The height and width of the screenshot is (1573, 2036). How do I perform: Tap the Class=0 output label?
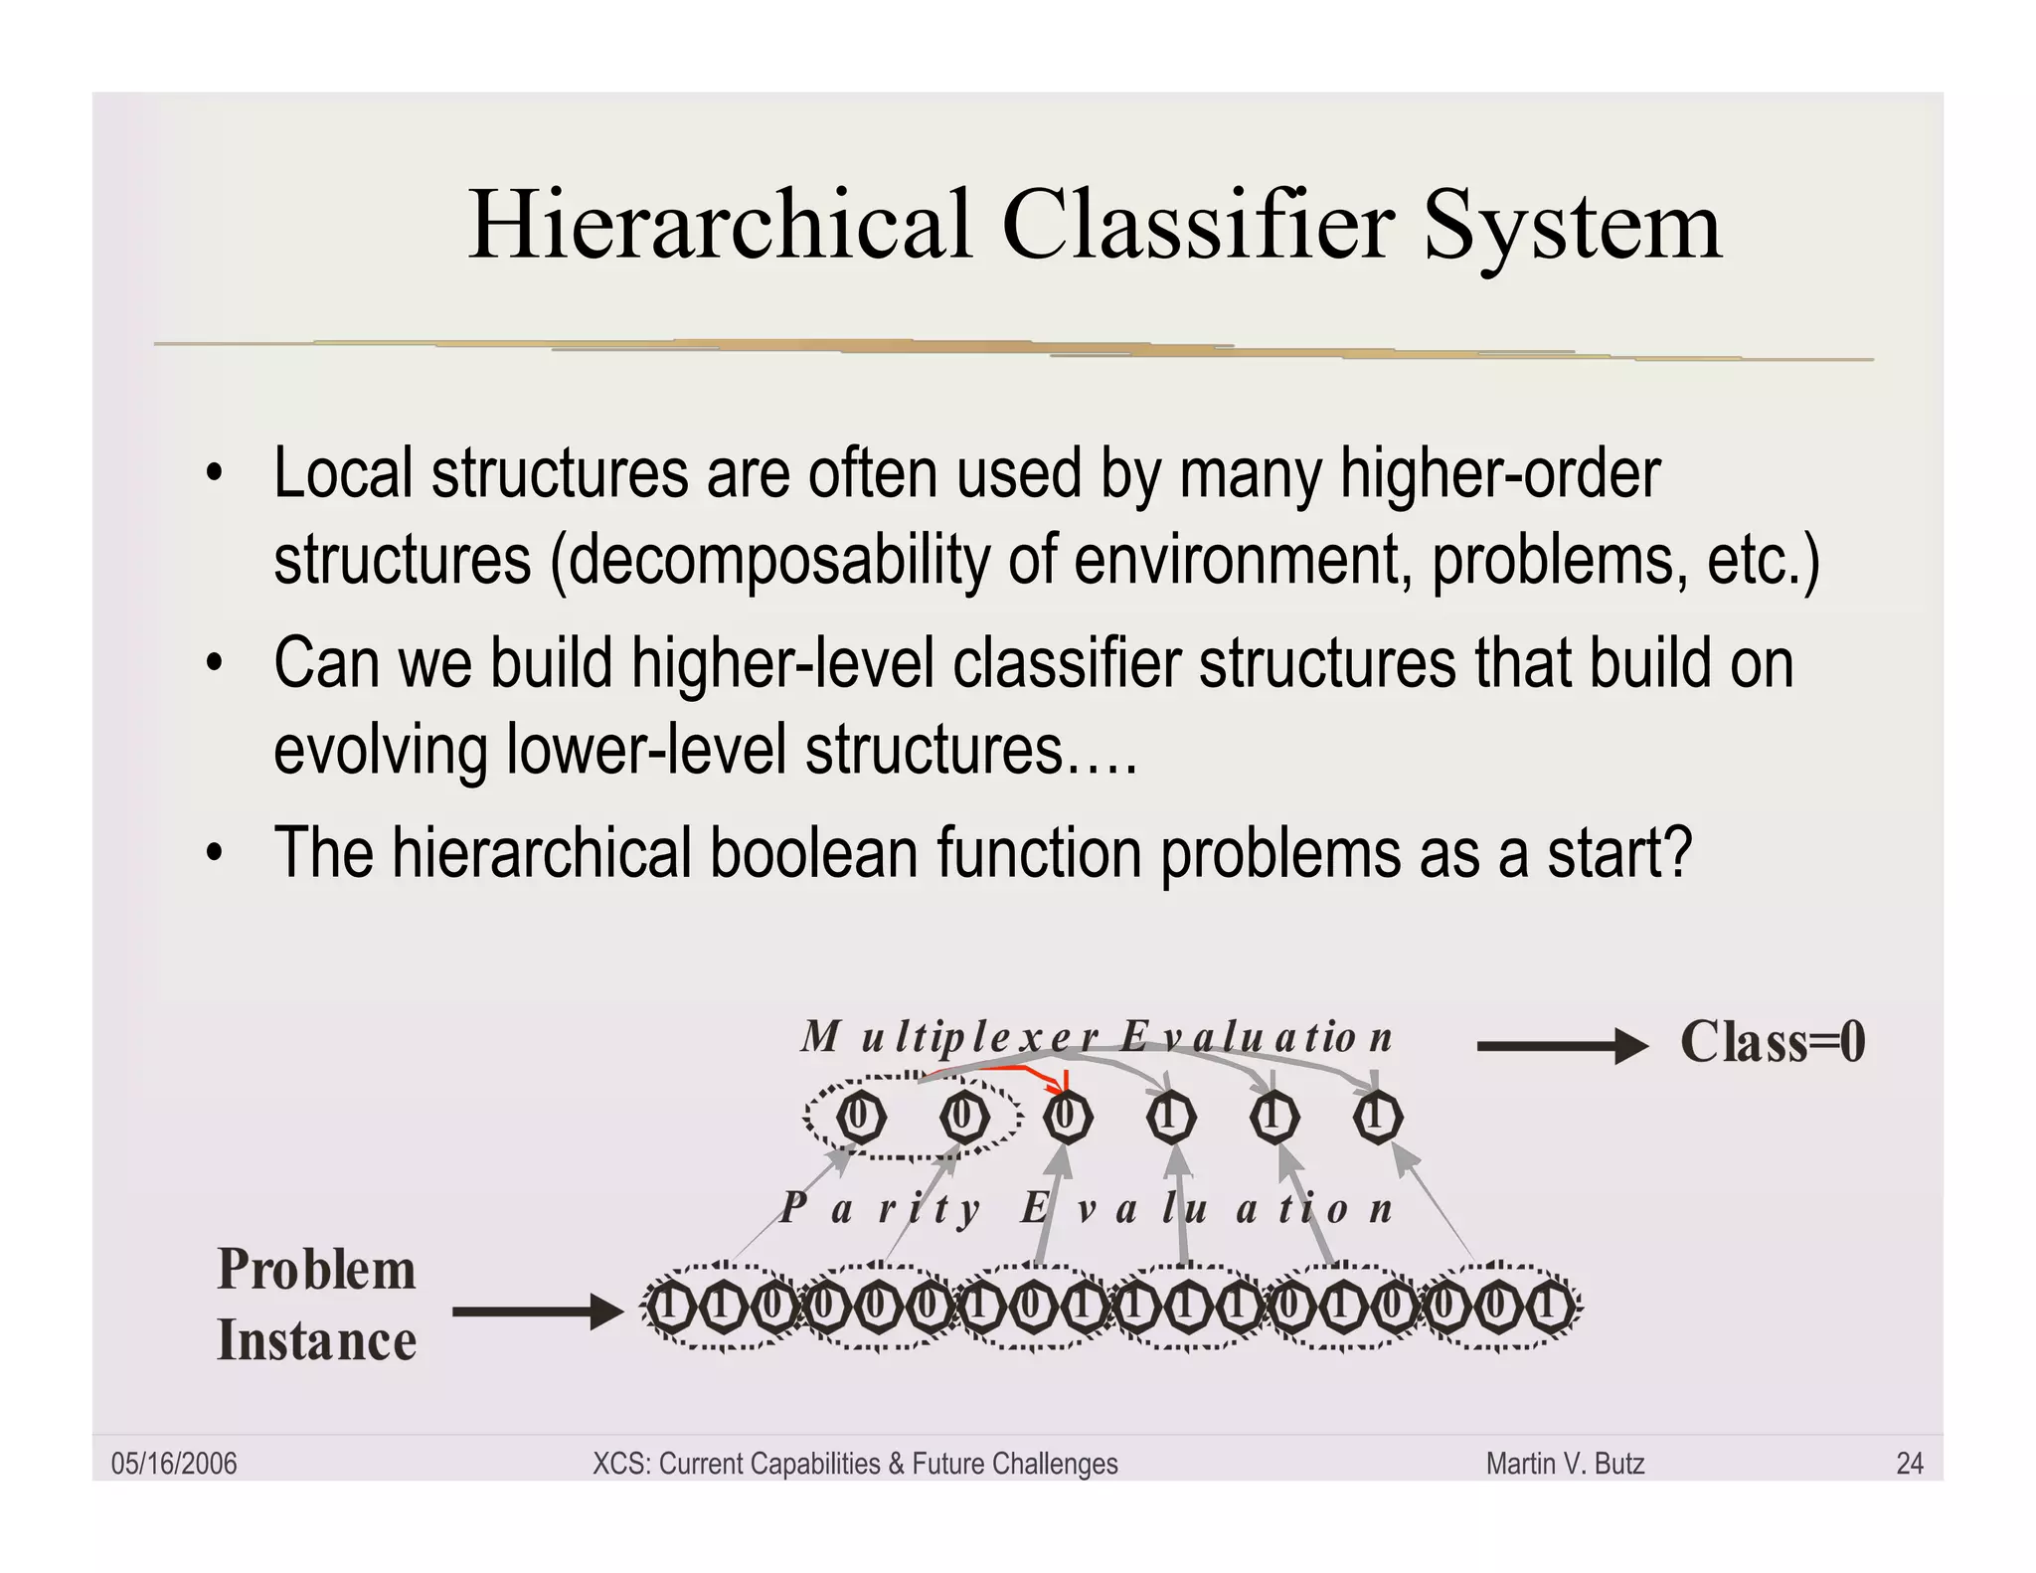(x=1772, y=1042)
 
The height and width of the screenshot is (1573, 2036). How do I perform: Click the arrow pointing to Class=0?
(x=1561, y=1046)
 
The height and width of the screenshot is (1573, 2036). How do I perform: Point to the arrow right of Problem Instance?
(x=537, y=1311)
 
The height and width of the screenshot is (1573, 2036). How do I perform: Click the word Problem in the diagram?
(x=316, y=1270)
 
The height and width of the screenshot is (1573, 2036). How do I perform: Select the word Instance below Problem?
(x=316, y=1340)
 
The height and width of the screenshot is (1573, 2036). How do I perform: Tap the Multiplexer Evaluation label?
(x=1097, y=1037)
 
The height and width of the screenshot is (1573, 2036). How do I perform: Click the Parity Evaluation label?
(x=1087, y=1209)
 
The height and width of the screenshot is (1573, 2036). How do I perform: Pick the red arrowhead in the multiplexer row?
(x=1063, y=1086)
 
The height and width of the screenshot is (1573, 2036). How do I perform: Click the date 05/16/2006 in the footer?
(x=174, y=1464)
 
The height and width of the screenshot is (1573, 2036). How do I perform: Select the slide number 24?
(x=1909, y=1464)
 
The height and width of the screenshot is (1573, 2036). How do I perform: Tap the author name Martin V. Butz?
(x=1565, y=1464)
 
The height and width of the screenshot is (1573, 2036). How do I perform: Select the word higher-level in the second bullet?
(x=782, y=663)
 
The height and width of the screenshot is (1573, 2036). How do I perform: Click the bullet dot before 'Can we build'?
(x=214, y=663)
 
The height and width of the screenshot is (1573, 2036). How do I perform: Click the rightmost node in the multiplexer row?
(x=1378, y=1117)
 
